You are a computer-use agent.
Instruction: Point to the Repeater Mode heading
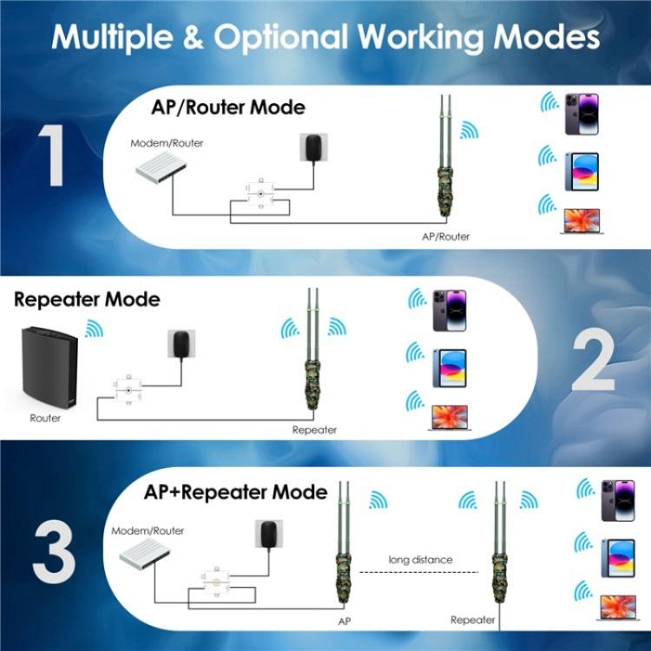pyautogui.click(x=87, y=299)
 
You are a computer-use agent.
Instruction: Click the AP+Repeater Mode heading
pyautogui.click(x=235, y=492)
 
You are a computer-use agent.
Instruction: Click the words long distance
pyautogui.click(x=420, y=560)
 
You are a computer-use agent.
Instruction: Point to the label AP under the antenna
pyautogui.click(x=344, y=622)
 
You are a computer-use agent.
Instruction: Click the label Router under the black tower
pyautogui.click(x=44, y=418)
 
